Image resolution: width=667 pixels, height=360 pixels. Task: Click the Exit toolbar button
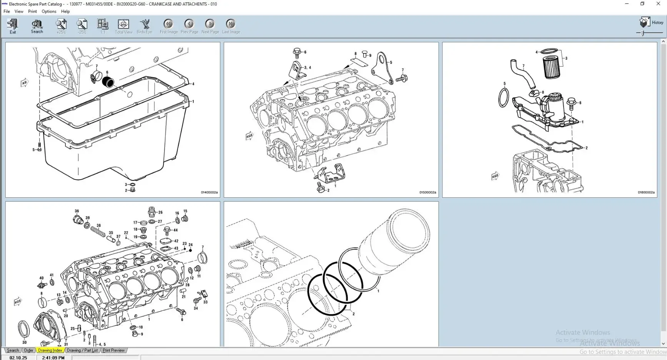pyautogui.click(x=13, y=26)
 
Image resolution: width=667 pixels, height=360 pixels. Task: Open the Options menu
pyautogui.click(x=49, y=12)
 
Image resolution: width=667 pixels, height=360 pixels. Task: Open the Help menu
pyautogui.click(x=65, y=12)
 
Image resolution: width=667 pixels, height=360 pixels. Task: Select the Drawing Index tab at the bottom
pyautogui.click(x=50, y=350)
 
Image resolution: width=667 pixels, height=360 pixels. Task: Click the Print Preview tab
pyautogui.click(x=113, y=350)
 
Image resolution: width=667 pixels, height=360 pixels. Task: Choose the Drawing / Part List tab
pyautogui.click(x=82, y=350)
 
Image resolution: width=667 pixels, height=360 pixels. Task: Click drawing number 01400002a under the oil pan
pyautogui.click(x=209, y=192)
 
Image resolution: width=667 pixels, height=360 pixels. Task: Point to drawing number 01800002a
pyautogui.click(x=646, y=192)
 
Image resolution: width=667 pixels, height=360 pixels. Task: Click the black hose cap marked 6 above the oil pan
pyautogui.click(x=108, y=82)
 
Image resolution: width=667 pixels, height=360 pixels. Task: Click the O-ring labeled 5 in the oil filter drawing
pyautogui.click(x=504, y=98)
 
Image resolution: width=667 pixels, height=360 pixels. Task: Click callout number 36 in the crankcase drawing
pyautogui.click(x=77, y=211)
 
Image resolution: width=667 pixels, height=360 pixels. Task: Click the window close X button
pyautogui.click(x=658, y=4)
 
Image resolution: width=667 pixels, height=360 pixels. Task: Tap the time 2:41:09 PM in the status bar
pyautogui.click(x=53, y=358)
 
